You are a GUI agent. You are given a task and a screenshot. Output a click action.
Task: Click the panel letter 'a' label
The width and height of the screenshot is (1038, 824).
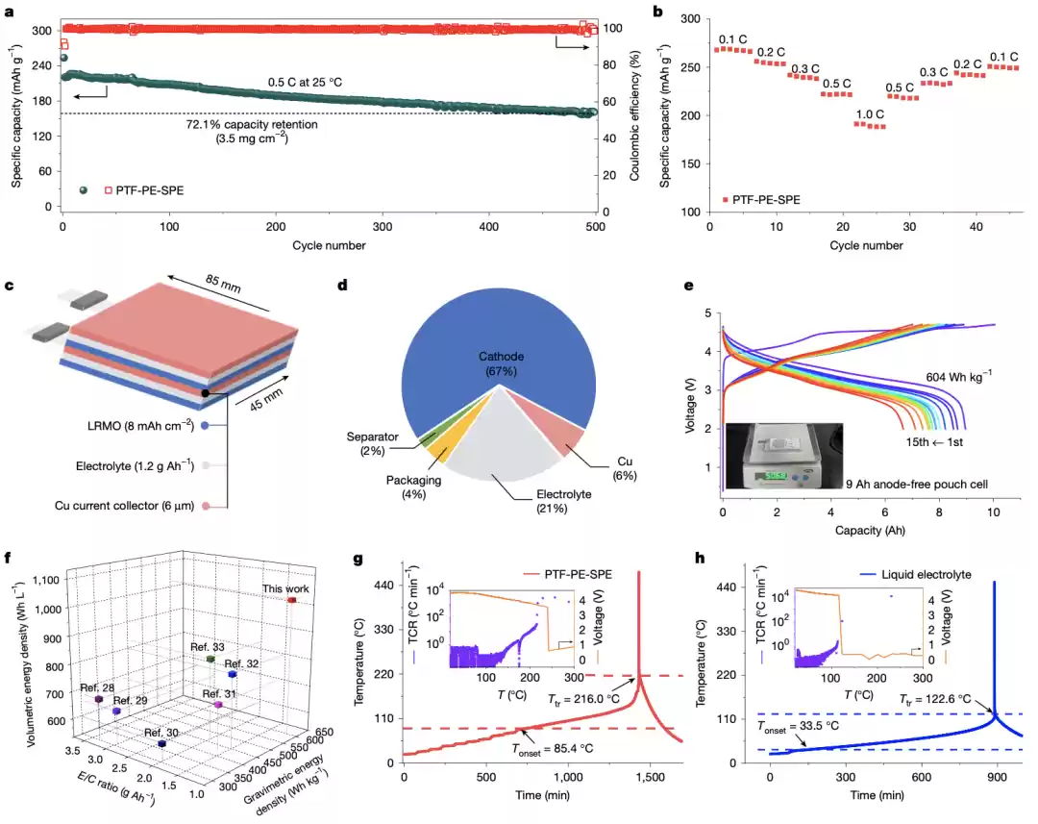[8, 9]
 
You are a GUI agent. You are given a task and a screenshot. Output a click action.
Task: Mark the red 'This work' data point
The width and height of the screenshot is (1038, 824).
[292, 600]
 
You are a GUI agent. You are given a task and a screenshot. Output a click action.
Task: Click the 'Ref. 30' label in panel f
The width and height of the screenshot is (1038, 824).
[161, 733]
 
